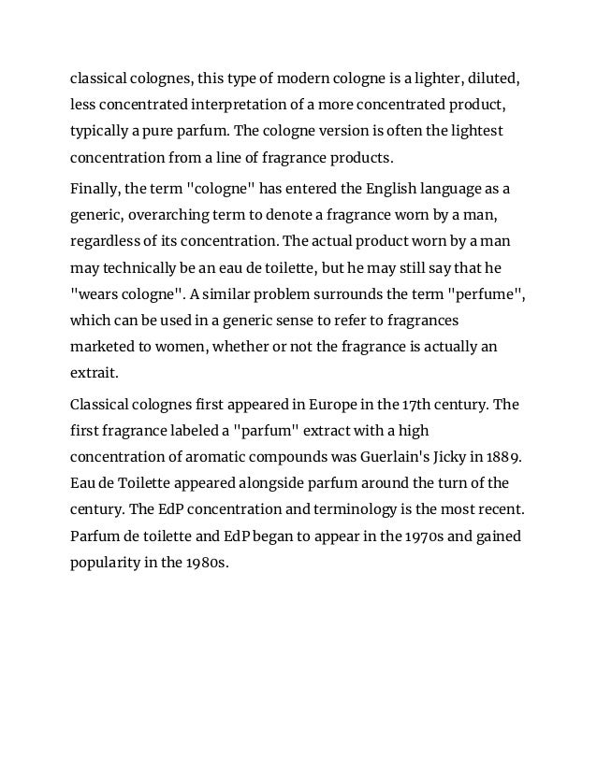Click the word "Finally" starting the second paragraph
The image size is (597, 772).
99,189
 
